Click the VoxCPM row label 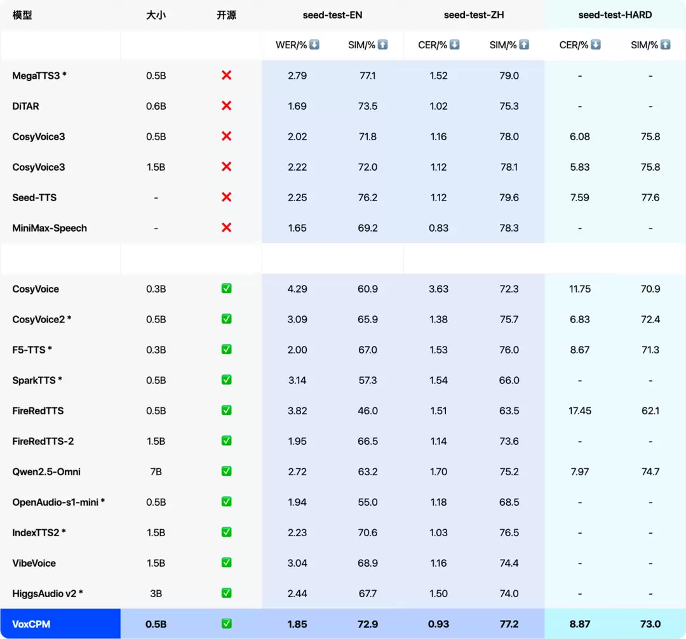pyautogui.click(x=31, y=624)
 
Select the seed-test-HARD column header pyautogui.click(x=615, y=15)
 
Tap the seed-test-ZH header pyautogui.click(x=474, y=15)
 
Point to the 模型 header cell pyautogui.click(x=22, y=15)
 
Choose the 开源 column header pyautogui.click(x=226, y=15)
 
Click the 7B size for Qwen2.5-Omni pyautogui.click(x=156, y=471)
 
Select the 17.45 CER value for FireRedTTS pyautogui.click(x=579, y=411)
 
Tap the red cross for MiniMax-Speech pyautogui.click(x=226, y=228)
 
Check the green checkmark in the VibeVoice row pyautogui.click(x=226, y=563)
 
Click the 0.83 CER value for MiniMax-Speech pyautogui.click(x=438, y=228)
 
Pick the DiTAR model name pyautogui.click(x=26, y=106)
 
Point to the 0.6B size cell pyautogui.click(x=156, y=106)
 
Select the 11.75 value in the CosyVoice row pyautogui.click(x=579, y=289)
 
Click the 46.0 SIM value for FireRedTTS pyautogui.click(x=368, y=411)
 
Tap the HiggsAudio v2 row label pyautogui.click(x=48, y=593)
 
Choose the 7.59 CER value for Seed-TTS pyautogui.click(x=579, y=197)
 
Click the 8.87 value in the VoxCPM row pyautogui.click(x=579, y=624)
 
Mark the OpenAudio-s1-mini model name pyautogui.click(x=58, y=502)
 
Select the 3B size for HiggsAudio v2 pyautogui.click(x=156, y=593)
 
